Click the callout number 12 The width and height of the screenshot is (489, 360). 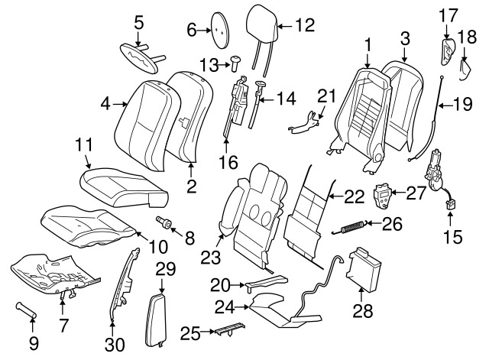click(x=304, y=24)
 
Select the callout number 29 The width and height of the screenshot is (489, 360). click(x=165, y=268)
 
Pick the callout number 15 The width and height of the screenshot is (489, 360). click(x=452, y=238)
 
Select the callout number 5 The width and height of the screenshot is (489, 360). click(x=138, y=22)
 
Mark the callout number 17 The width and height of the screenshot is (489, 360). click(x=449, y=14)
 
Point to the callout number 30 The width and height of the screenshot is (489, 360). click(x=116, y=344)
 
